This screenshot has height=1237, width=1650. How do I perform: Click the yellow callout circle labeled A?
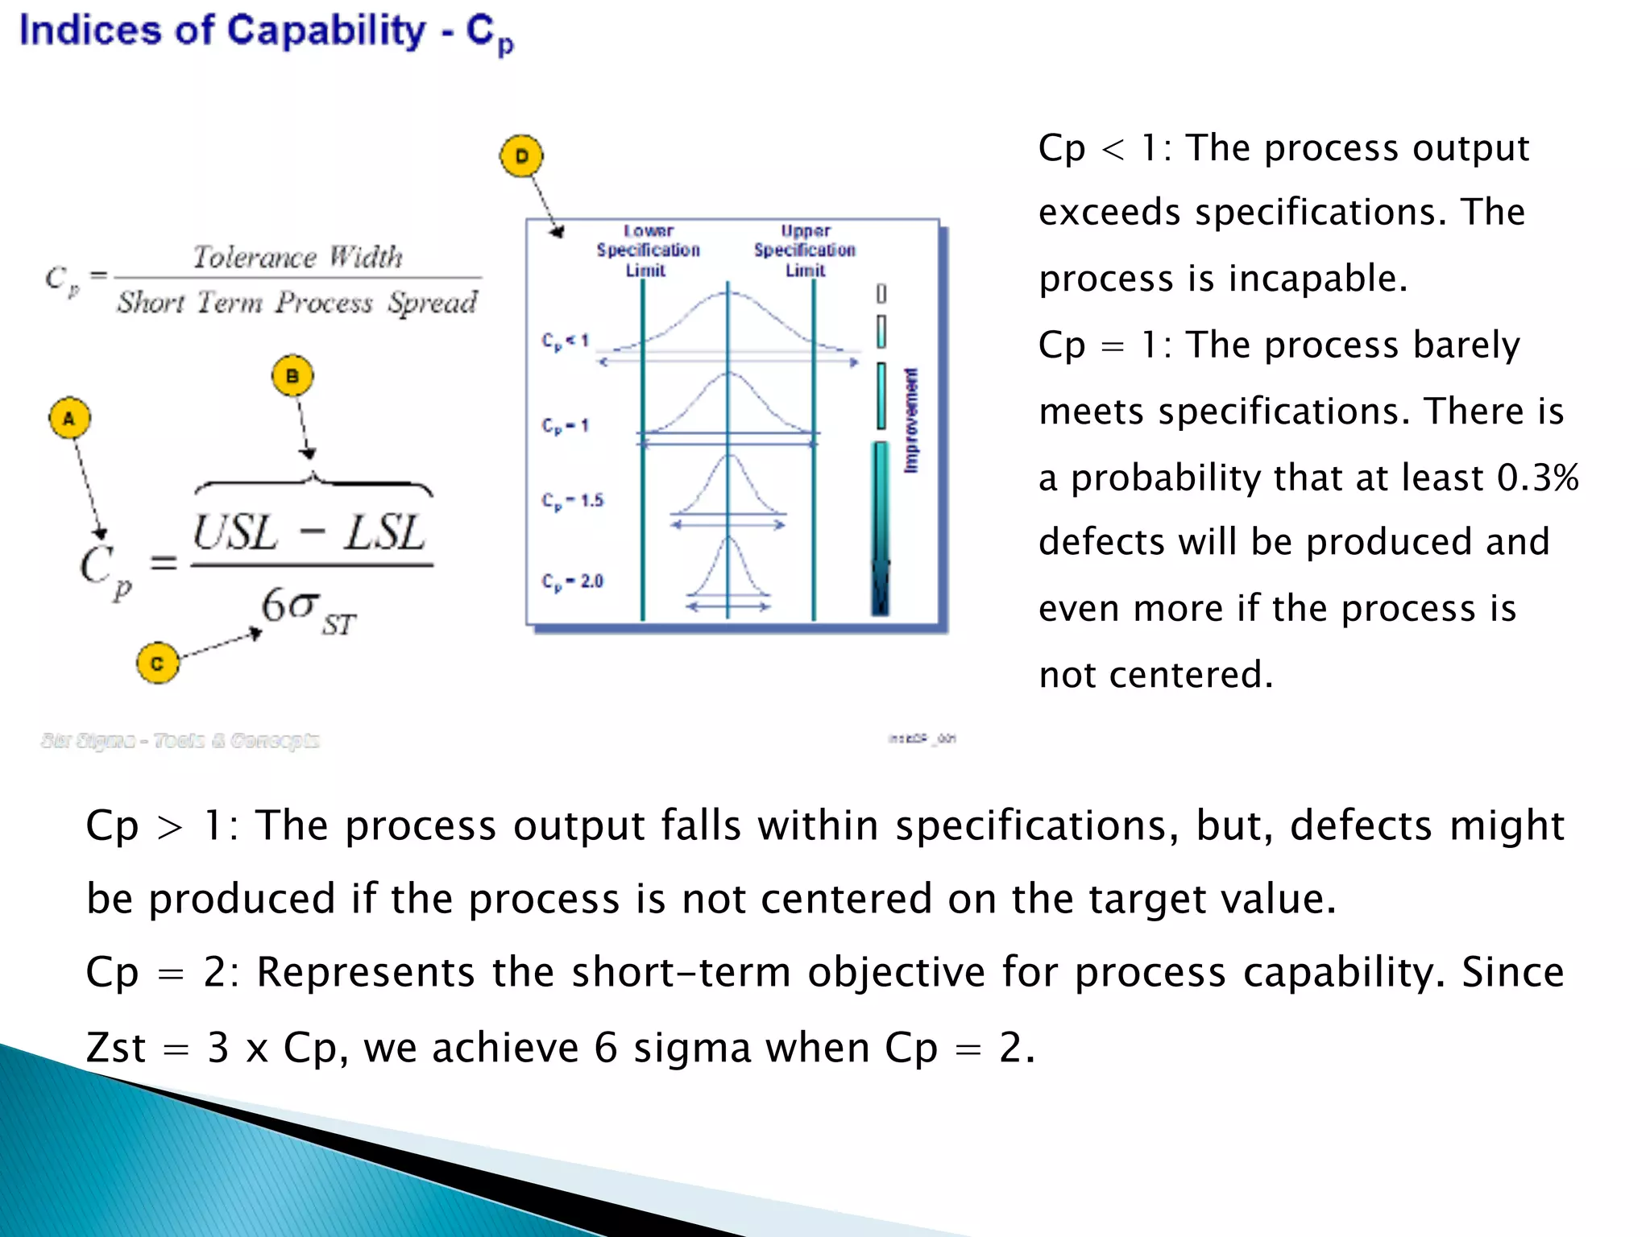[x=69, y=418]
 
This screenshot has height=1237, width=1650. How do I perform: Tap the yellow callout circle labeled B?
[x=292, y=376]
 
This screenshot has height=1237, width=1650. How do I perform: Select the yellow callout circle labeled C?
[x=157, y=663]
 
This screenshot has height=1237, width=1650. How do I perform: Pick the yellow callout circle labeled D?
[x=521, y=155]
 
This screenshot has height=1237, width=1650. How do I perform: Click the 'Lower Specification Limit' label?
[x=648, y=250]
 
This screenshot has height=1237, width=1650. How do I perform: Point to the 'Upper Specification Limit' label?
[x=805, y=250]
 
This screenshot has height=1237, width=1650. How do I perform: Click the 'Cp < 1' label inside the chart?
[x=566, y=341]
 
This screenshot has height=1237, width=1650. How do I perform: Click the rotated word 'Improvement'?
[x=911, y=420]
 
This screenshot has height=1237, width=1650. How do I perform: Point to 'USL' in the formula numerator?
[x=234, y=533]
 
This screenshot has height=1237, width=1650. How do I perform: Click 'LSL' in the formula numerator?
[x=385, y=533]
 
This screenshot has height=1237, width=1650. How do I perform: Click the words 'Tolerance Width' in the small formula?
[x=297, y=257]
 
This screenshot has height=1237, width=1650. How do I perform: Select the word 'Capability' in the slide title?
[x=325, y=31]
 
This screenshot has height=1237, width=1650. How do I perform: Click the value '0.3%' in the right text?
[x=1537, y=478]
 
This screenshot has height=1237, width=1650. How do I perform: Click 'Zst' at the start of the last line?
[x=116, y=1048]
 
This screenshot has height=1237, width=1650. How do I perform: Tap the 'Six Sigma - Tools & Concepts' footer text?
[x=180, y=740]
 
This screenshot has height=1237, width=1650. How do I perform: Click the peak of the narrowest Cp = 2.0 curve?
[x=728, y=538]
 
